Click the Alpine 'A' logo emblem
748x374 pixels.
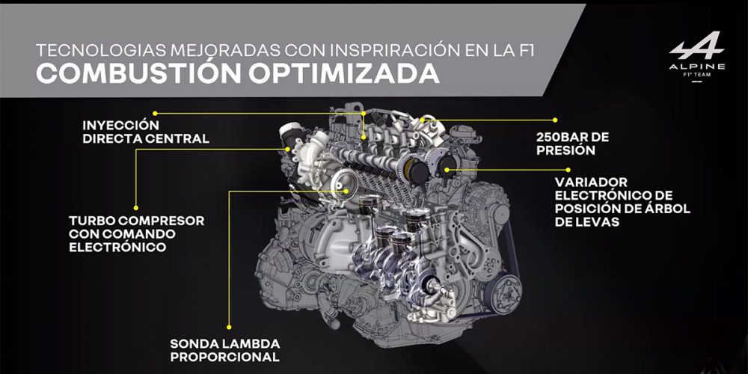[696, 46]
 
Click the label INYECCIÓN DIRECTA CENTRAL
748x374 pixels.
[146, 132]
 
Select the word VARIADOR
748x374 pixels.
[591, 183]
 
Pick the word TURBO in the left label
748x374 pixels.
[91, 221]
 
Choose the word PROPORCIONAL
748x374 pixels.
[224, 357]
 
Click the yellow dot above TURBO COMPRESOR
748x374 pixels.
[136, 208]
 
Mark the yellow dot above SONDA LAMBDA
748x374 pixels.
[229, 328]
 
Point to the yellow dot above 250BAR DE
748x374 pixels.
[555, 120]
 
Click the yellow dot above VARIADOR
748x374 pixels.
[568, 169]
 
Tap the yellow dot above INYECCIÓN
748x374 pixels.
[155, 114]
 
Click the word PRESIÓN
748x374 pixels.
[565, 151]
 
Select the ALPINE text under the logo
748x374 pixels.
[697, 67]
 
